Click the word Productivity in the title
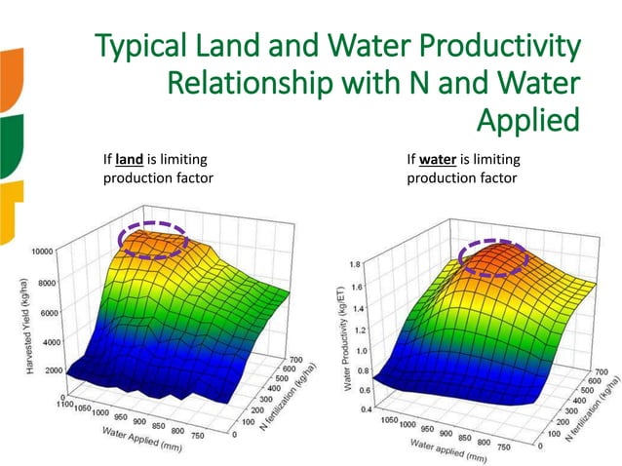[x=498, y=47]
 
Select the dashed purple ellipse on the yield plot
[x=151, y=238]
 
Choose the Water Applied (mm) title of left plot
[x=137, y=440]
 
